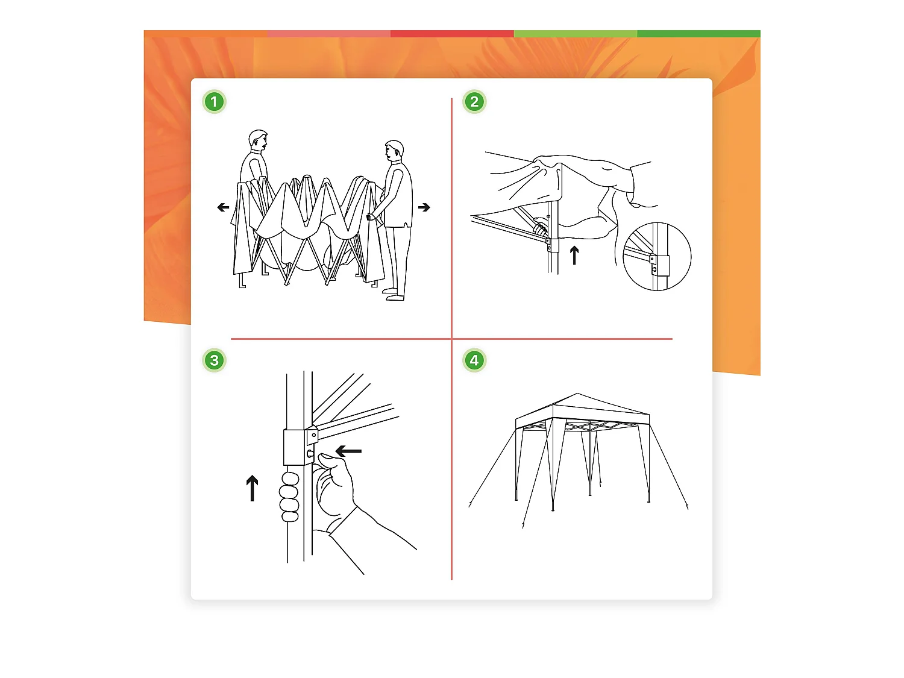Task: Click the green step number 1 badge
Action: pos(214,102)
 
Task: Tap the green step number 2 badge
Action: pos(474,102)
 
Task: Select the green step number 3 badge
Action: pos(214,360)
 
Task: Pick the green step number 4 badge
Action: pos(474,360)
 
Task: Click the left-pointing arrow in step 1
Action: pos(223,207)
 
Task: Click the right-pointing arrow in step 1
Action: pos(424,207)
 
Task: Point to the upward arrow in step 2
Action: pos(574,255)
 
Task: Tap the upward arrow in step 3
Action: pos(252,488)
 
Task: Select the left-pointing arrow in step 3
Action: pos(348,451)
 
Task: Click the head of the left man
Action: pos(258,140)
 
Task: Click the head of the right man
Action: pos(394,151)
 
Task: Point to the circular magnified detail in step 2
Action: pos(658,257)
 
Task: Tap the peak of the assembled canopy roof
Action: pos(577,394)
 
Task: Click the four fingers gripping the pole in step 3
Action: pos(289,497)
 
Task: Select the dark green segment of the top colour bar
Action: pos(698,34)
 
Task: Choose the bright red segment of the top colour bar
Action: pos(452,34)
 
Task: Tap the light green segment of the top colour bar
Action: pos(576,34)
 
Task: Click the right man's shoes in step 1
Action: pos(394,294)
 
